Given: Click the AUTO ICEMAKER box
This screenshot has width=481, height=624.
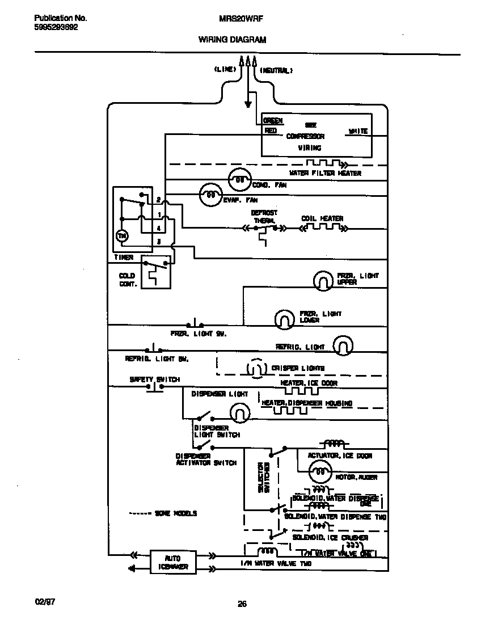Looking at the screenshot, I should (173, 562).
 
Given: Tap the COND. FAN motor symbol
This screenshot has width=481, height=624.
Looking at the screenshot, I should (240, 180).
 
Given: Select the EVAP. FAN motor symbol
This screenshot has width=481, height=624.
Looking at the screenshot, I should (210, 195).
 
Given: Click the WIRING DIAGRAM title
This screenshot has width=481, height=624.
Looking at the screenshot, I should (232, 40).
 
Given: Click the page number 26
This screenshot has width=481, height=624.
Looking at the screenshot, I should (242, 604).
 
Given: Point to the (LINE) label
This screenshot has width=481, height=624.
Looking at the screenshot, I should (225, 70).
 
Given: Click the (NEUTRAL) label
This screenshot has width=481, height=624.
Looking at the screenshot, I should (276, 71).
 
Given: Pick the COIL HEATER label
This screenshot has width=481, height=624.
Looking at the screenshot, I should (322, 218).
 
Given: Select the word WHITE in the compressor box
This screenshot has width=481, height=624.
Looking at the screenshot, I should (357, 131).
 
